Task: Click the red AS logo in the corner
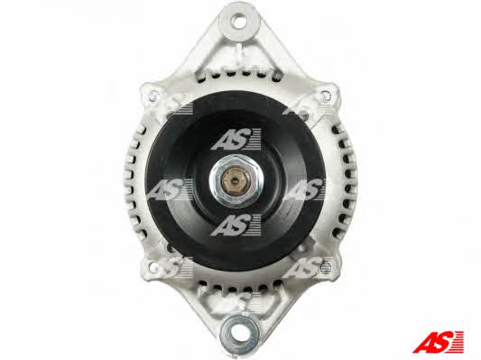(x=438, y=341)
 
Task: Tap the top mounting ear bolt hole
(x=239, y=22)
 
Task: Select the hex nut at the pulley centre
(x=236, y=181)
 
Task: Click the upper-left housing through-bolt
(x=153, y=96)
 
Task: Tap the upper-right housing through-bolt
(x=327, y=96)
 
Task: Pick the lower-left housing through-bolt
(x=153, y=266)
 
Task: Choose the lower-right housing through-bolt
(x=326, y=268)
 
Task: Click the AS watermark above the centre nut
(x=236, y=139)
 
